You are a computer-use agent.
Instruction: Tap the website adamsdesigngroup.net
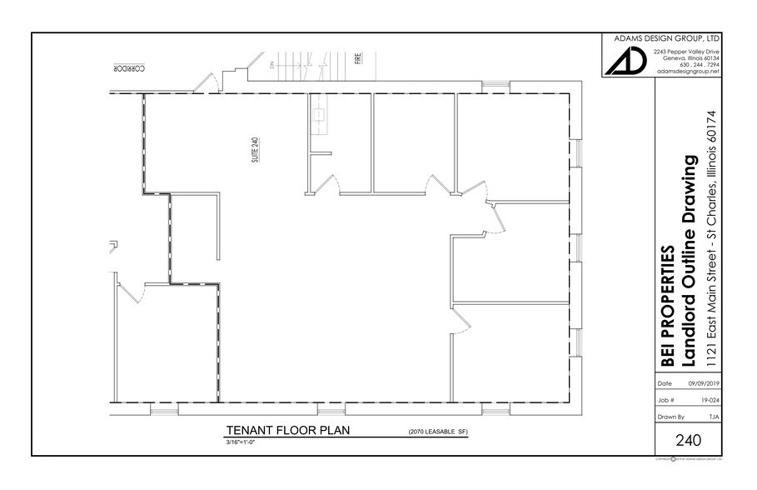tap(688, 72)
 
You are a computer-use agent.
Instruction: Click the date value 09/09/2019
tap(703, 383)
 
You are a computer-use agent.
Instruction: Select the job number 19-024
tap(710, 400)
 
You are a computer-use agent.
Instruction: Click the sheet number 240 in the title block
tap(688, 439)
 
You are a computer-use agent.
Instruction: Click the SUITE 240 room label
tap(256, 152)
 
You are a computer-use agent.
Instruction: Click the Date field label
tap(665, 383)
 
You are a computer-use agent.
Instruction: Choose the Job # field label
tap(665, 400)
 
